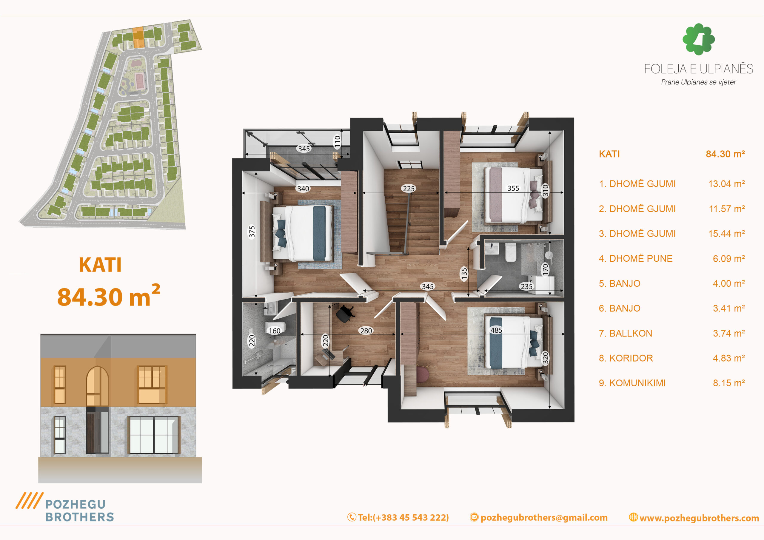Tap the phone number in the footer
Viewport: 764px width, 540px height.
pos(403,517)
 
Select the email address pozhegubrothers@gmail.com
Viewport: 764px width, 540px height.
pos(544,518)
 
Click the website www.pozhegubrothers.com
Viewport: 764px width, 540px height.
pos(699,518)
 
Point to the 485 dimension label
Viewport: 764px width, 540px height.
pos(496,330)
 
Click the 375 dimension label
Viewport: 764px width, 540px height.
pos(252,232)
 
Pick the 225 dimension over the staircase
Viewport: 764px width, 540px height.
pos(409,189)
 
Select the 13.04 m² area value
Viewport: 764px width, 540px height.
pos(726,184)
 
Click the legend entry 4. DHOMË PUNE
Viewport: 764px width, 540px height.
pos(636,259)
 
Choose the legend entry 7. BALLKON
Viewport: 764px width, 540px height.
pos(626,333)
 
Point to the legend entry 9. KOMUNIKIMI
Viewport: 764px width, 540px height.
pos(632,383)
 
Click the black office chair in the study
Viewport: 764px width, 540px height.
pos(345,313)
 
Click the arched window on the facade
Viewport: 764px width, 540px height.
pos(98,386)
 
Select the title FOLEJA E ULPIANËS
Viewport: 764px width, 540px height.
pos(698,69)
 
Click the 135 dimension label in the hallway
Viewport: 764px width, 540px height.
pos(464,273)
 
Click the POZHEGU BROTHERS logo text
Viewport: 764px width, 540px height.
pos(79,511)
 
